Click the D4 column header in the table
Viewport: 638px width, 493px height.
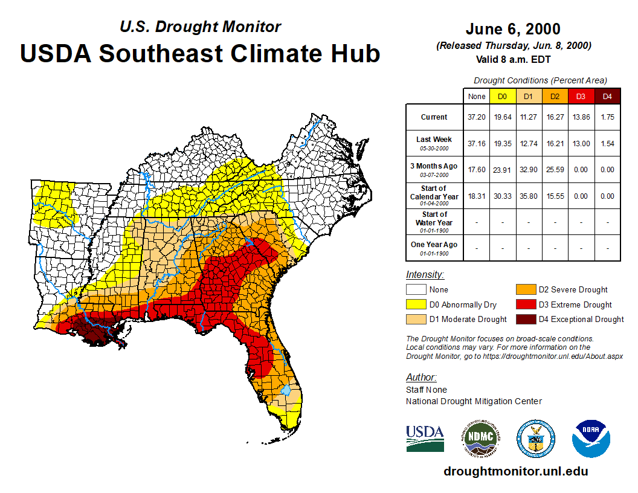click(608, 97)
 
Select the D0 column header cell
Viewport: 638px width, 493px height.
click(502, 97)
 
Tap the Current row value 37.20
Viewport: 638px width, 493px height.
click(476, 117)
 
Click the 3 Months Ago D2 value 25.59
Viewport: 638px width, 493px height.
click(555, 170)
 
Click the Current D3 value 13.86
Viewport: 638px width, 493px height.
click(581, 117)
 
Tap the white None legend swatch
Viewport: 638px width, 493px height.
click(416, 290)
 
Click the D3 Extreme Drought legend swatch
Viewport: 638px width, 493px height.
click(526, 304)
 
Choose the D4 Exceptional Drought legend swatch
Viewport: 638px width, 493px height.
click(526, 319)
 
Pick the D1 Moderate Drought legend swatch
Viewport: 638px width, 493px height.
click(416, 319)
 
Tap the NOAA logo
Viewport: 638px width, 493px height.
click(591, 439)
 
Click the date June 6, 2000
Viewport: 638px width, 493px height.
click(513, 29)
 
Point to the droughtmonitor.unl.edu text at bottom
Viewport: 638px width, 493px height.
click(515, 471)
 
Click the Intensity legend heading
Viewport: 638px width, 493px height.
click(425, 275)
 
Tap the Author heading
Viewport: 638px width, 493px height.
click(421, 378)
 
